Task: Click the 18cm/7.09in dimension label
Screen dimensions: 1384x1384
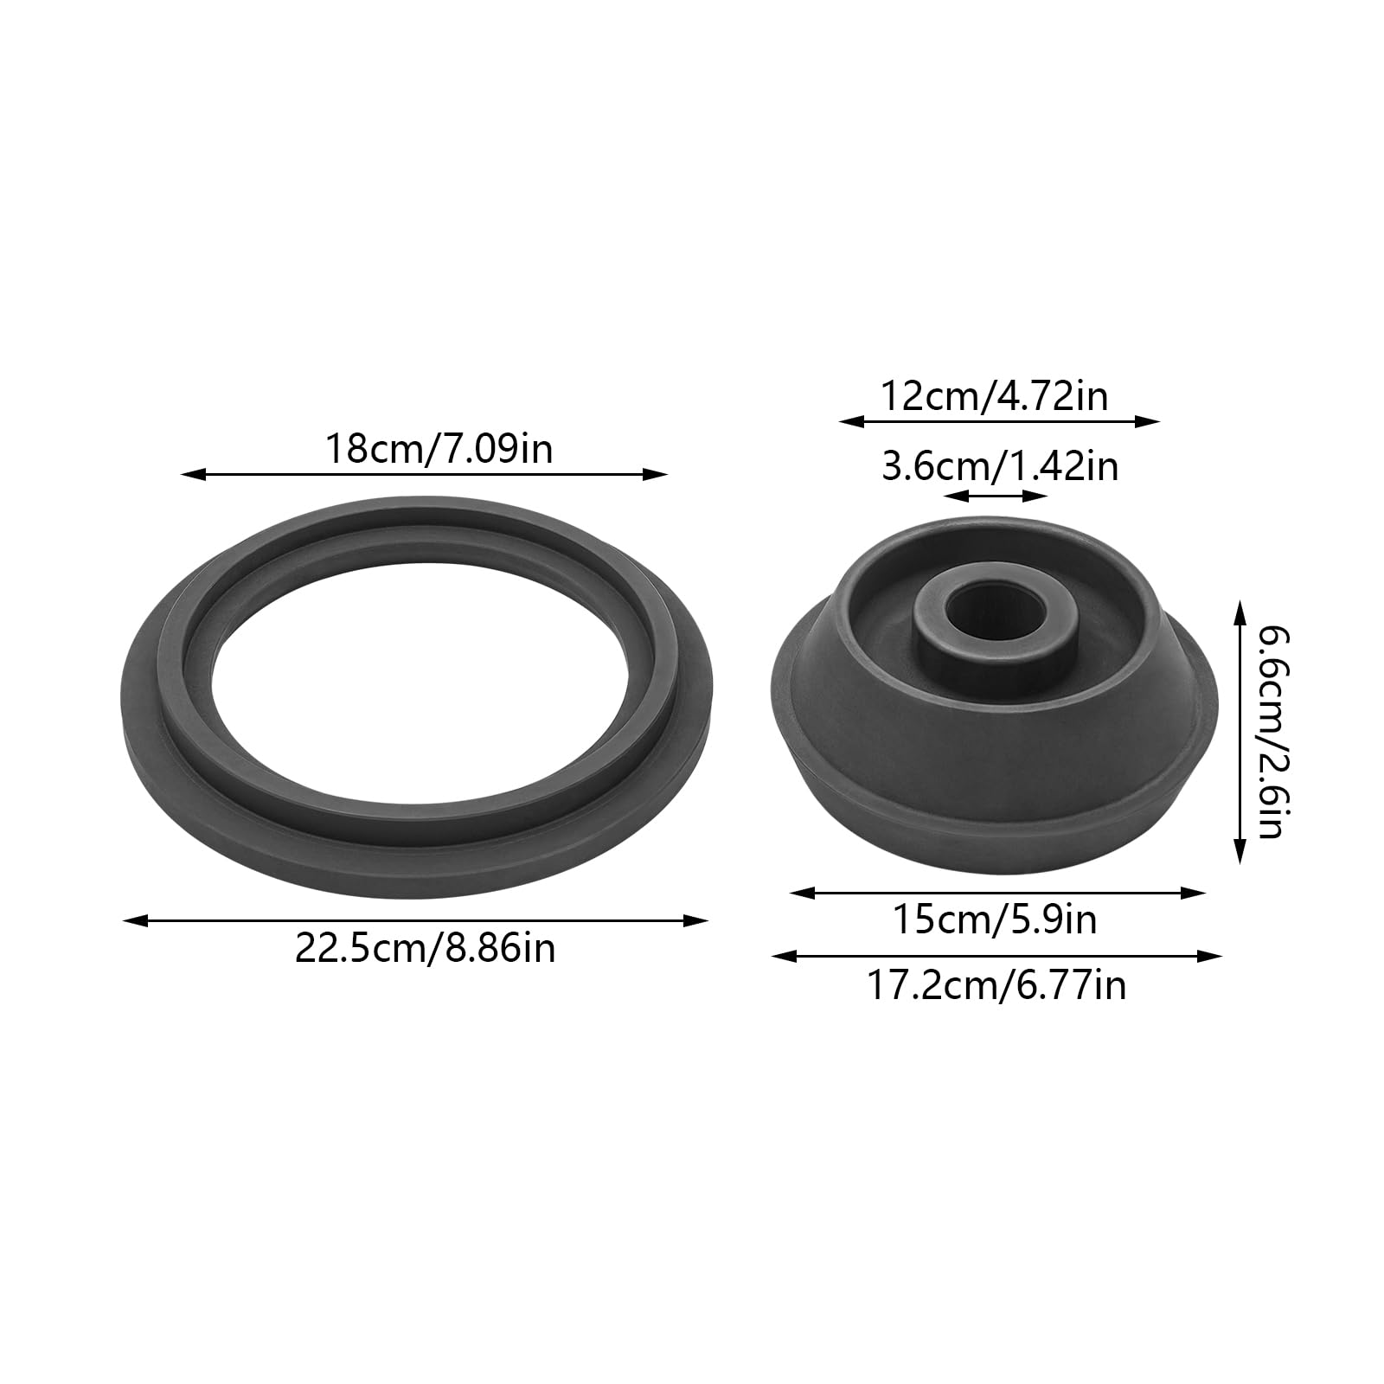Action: point(439,451)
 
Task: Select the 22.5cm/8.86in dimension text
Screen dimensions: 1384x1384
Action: point(425,949)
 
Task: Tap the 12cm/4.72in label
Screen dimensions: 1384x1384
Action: point(994,397)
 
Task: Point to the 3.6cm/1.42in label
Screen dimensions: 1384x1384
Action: point(999,467)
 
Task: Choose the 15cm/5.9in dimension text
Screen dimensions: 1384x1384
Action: point(995,919)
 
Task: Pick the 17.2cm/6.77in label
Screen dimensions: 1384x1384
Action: point(996,985)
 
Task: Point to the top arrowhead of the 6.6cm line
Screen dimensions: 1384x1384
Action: point(1240,611)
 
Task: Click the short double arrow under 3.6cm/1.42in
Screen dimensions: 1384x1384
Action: point(996,497)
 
